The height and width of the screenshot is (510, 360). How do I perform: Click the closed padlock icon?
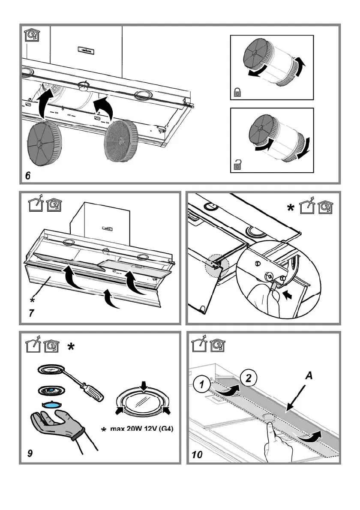(237, 91)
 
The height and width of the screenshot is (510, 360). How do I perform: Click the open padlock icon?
(237, 163)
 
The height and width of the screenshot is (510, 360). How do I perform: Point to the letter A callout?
(308, 376)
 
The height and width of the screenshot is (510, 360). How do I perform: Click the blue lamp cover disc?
(51, 404)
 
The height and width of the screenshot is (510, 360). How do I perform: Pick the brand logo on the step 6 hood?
(87, 50)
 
